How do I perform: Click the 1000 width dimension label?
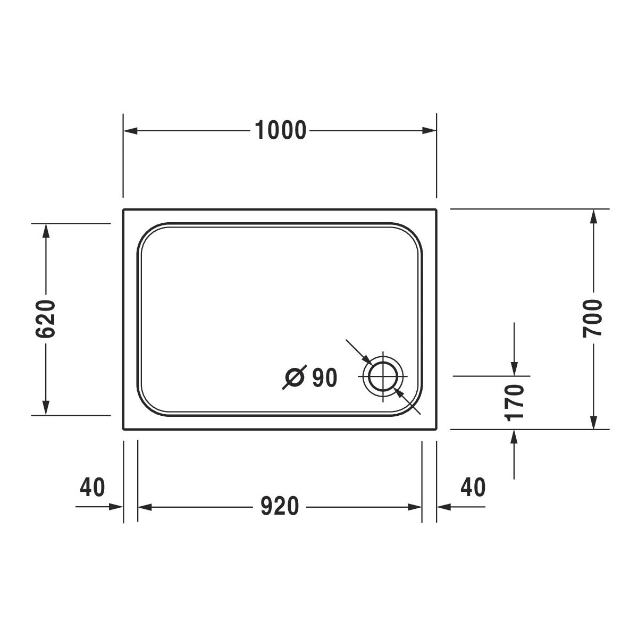pos(281,130)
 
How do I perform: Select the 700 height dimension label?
pos(592,318)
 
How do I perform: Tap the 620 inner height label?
pos(46,319)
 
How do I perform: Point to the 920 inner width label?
pos(280,507)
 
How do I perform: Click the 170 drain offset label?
pos(515,402)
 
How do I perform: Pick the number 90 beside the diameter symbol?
pos(324,378)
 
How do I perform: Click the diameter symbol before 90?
pos(294,378)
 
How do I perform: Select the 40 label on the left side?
pos(93,487)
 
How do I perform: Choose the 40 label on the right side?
pos(473,487)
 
